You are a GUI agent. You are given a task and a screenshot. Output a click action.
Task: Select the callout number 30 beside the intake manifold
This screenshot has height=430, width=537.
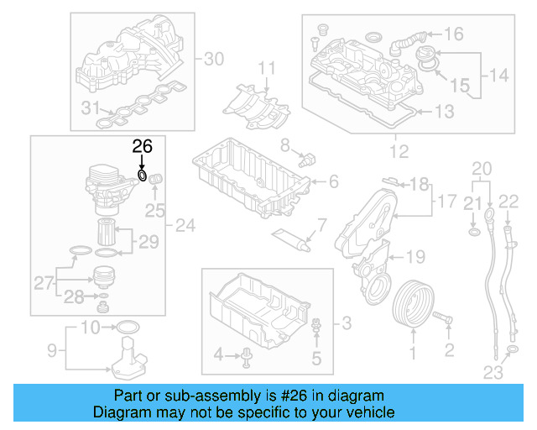(x=215, y=59)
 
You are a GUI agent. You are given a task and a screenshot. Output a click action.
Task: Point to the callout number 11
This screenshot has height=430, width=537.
(x=266, y=68)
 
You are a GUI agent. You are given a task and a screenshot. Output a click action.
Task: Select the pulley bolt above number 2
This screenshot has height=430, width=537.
(x=446, y=319)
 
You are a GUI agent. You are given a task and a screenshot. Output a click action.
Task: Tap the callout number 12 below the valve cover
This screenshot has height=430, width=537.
(x=399, y=152)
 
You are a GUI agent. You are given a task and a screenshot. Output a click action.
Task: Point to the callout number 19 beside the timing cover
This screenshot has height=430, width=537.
(x=416, y=256)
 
